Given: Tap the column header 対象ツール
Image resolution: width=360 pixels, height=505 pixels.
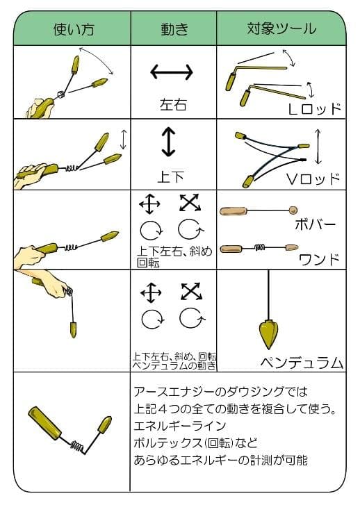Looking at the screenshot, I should [x=281, y=28].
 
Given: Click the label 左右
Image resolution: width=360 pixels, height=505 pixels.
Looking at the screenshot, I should [x=173, y=105].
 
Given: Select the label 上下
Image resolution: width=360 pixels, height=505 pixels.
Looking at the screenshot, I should [x=171, y=176].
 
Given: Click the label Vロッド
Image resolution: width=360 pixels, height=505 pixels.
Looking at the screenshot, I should [x=313, y=179].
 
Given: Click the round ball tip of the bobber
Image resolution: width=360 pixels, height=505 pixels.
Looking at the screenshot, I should [x=293, y=209].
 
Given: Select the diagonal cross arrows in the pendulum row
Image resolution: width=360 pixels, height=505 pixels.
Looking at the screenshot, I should [x=190, y=292].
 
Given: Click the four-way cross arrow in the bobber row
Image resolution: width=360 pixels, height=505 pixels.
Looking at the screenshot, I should [x=149, y=204].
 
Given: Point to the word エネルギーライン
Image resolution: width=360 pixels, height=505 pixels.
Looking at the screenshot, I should [x=172, y=424].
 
